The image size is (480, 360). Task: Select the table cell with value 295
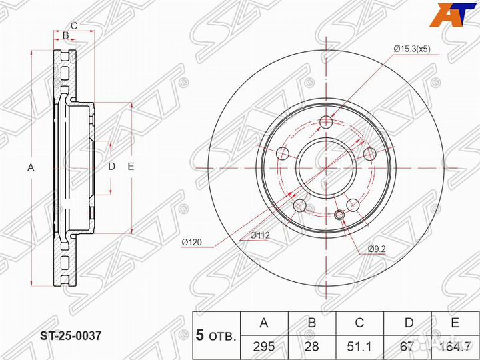point(264,347)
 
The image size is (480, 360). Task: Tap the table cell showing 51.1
point(359,347)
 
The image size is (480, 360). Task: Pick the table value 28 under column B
point(311,347)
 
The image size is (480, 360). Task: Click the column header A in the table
point(264,323)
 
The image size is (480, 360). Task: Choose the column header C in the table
point(359,323)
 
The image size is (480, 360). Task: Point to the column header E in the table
point(455,323)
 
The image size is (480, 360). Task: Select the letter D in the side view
point(112,167)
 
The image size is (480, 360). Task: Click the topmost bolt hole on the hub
point(326,122)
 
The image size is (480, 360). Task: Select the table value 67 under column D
point(407,347)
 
